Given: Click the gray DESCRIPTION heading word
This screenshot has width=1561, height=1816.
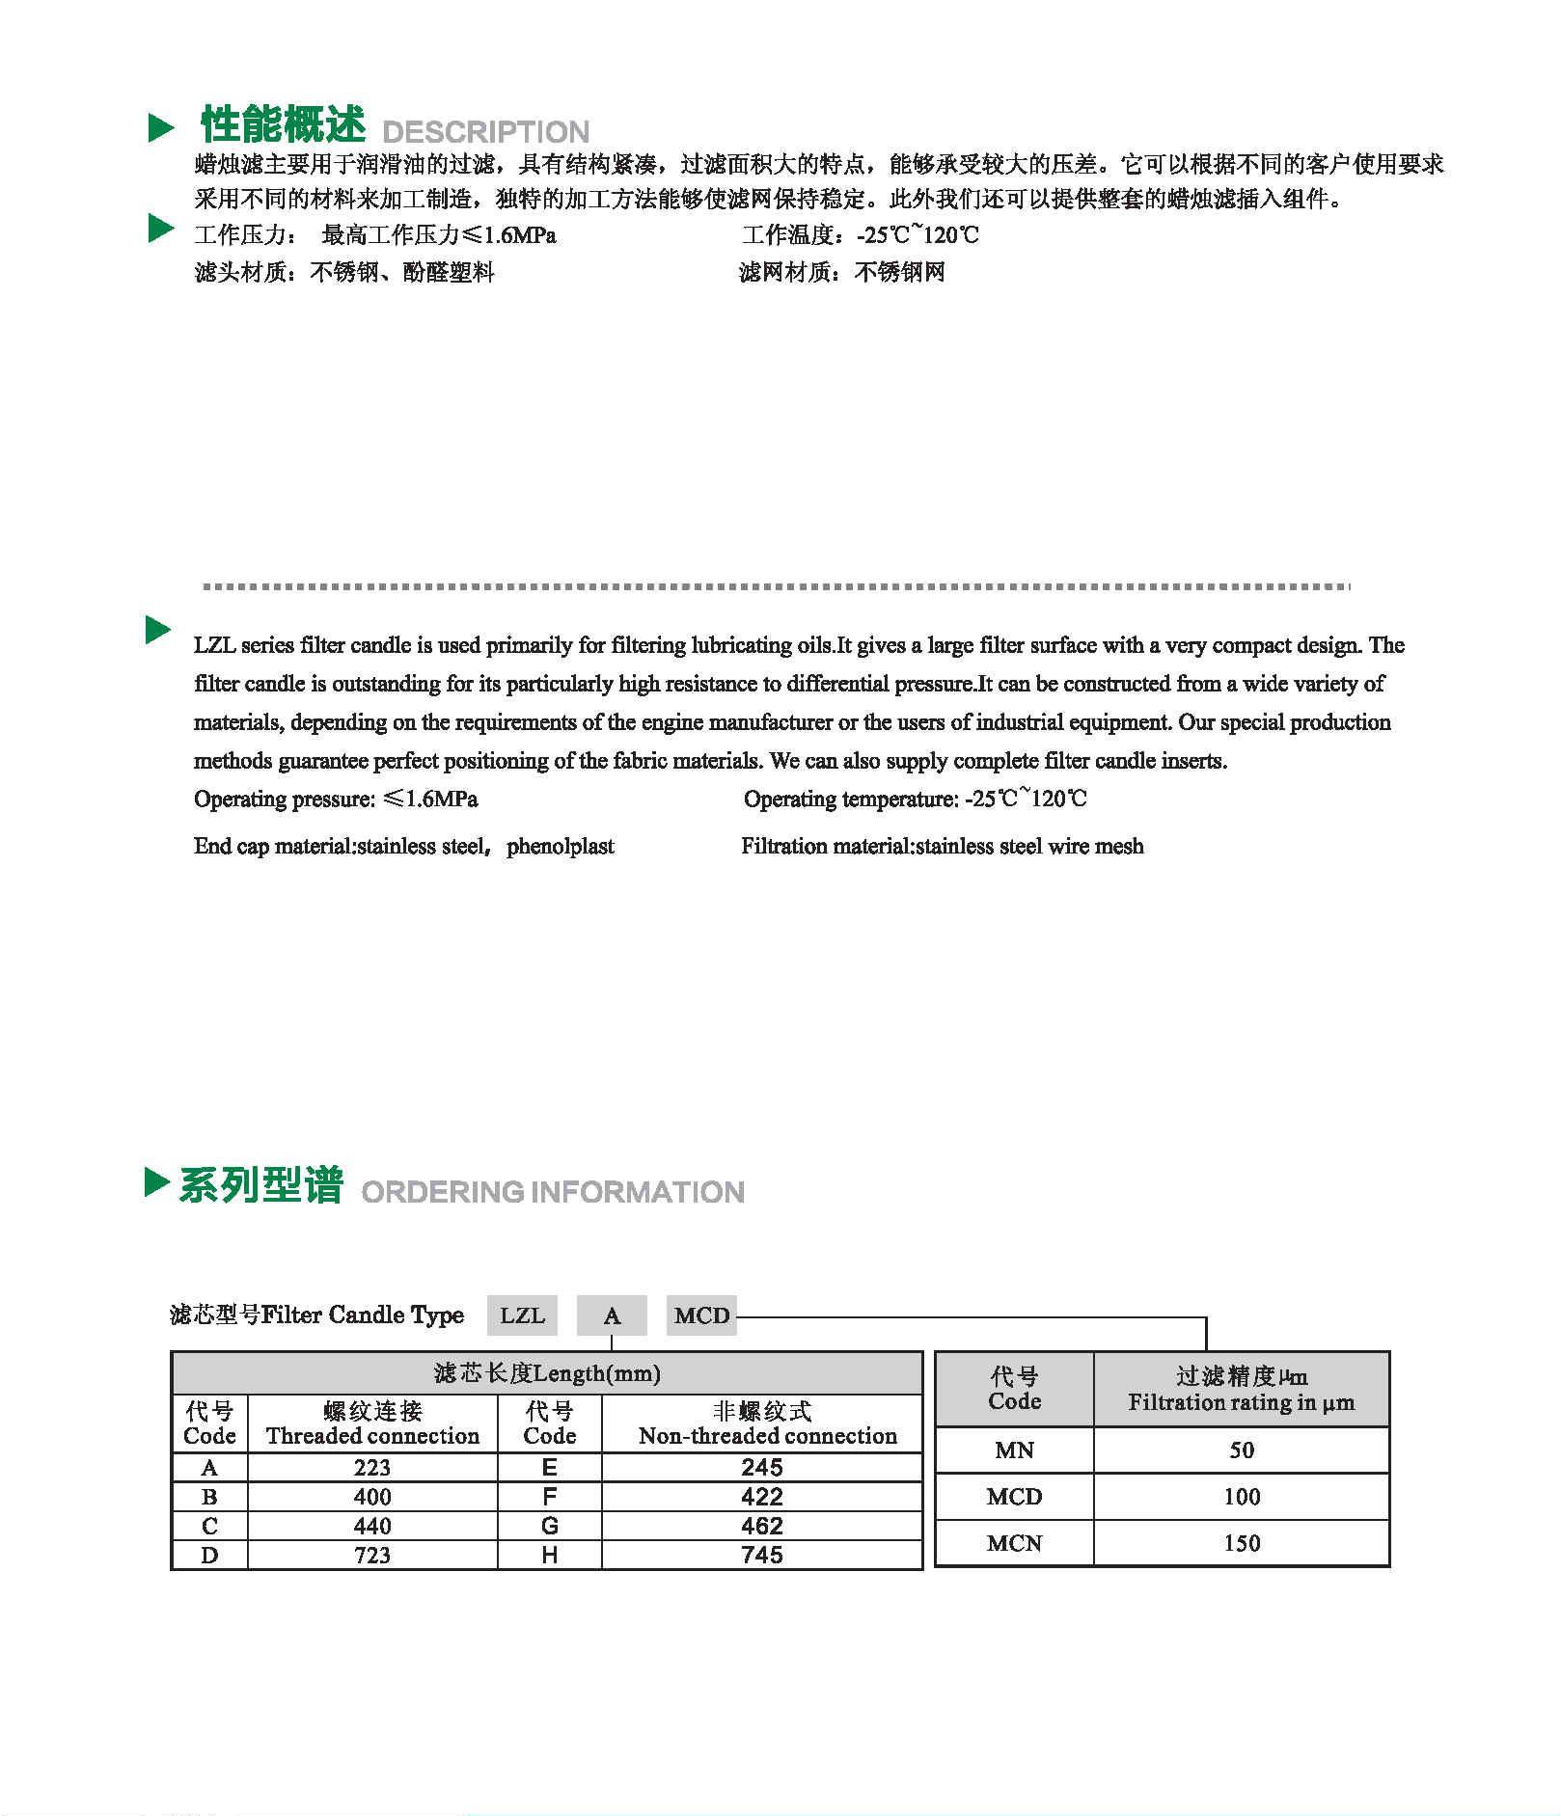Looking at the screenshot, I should pos(485,132).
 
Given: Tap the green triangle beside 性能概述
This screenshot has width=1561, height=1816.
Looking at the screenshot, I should pos(161,127).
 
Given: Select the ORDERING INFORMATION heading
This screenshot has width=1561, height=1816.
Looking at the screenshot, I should pos(553,1192).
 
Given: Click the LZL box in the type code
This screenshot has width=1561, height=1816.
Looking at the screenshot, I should pos(522,1315).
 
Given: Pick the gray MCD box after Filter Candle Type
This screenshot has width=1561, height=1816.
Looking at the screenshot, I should pos(701,1315).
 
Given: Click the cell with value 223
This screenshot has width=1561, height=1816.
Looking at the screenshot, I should pos(372,1468).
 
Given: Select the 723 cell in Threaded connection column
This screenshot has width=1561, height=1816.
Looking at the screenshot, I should pos(372,1555).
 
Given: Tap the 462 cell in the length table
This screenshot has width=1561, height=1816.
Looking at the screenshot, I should pos(762,1526).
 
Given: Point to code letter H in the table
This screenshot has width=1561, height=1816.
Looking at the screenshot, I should pos(550,1555).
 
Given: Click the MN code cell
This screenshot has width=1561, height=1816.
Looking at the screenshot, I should pos(1014,1450).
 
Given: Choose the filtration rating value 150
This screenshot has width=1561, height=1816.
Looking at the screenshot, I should pos(1242,1543).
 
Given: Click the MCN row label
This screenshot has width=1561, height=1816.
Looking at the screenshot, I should pos(1014,1543).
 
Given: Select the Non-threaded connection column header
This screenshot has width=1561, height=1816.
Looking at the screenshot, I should pos(767,1423).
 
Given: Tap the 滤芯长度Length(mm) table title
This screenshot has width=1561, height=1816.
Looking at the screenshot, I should pos(547,1373).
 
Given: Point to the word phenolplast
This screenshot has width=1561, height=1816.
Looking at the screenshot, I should pos(561,847).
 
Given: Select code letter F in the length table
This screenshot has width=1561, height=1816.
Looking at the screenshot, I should pos(550,1497).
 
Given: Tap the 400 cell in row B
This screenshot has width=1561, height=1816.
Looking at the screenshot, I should pos(372,1497).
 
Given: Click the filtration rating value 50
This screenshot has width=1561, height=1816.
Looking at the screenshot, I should pos(1242,1450).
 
